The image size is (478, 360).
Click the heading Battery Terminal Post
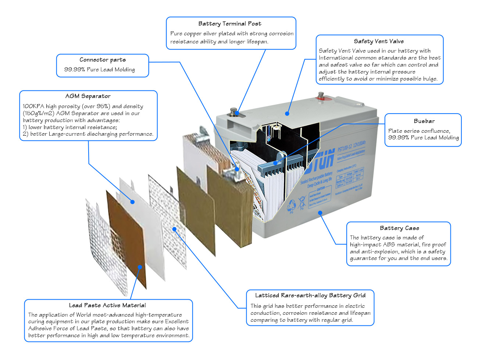pos(229,24)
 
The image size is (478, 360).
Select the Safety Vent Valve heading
pos(379,42)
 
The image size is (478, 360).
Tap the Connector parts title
pos(103,60)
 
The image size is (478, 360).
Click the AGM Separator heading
pos(88,96)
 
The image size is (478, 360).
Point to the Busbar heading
pos(424,121)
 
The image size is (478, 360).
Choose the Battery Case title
pos(399,228)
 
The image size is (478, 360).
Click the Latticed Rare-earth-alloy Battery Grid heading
pos(310,296)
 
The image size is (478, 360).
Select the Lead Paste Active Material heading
pos(107,306)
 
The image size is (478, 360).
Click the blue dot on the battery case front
pos(320,213)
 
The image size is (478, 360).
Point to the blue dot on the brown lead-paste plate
pos(140,267)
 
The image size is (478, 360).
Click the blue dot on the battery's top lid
pos(287,114)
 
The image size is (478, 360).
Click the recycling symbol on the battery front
pos(291,205)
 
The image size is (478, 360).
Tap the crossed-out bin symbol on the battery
pos(302,202)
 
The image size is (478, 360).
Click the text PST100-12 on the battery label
pos(345,148)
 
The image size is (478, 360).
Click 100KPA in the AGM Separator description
pos(33,107)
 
